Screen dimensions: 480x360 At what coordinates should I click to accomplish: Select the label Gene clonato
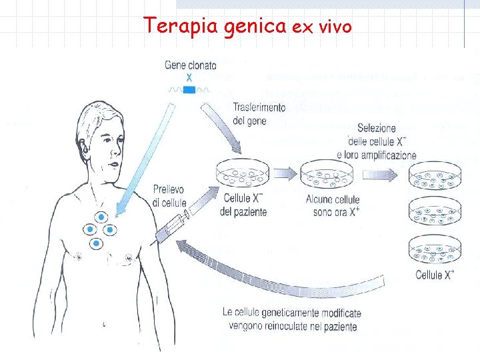(190, 65)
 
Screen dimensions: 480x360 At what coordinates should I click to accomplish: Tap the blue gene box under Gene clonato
(189, 89)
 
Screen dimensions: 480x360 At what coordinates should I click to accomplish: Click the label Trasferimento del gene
(259, 113)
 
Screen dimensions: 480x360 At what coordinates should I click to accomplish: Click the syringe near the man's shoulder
(175, 225)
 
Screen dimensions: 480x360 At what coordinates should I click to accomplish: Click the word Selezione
(376, 128)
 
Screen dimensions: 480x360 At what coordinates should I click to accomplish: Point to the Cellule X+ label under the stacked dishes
(435, 275)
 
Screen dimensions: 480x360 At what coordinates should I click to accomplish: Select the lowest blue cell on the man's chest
(96, 245)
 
